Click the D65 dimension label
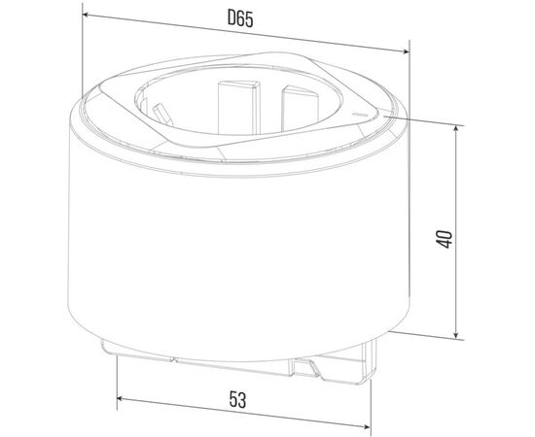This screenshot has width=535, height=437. point(240,18)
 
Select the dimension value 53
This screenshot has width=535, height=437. point(237,400)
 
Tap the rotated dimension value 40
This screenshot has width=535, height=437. point(445,239)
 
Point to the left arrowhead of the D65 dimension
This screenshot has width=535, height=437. point(86,15)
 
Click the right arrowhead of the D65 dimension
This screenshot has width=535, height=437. point(406,51)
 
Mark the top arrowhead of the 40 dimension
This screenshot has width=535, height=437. point(456,128)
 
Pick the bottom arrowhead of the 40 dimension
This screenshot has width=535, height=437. point(456,335)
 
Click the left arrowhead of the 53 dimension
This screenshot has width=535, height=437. point(120,398)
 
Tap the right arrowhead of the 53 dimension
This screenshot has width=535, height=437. point(367,426)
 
